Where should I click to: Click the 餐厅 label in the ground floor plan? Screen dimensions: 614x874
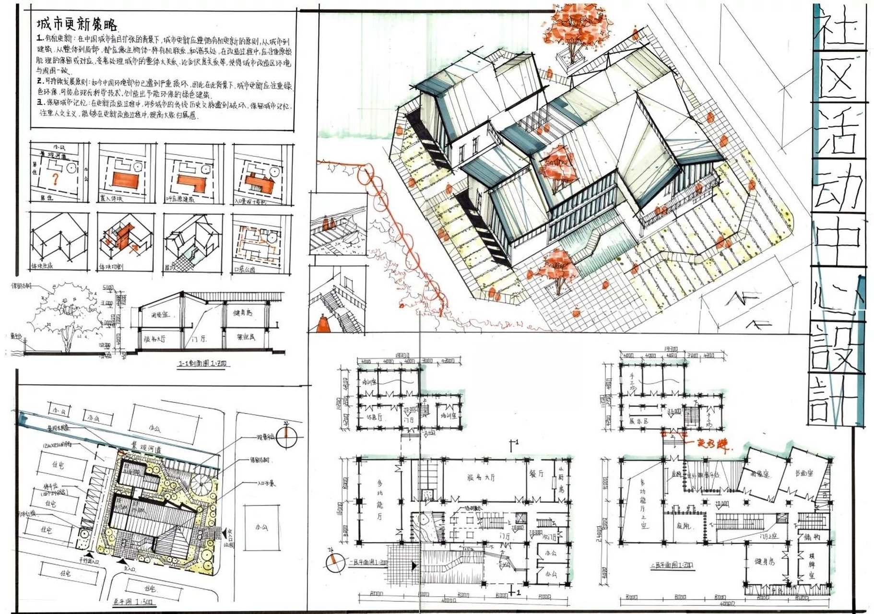[536, 473]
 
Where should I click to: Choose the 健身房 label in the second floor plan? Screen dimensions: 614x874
[765, 561]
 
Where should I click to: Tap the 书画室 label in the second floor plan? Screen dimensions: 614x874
[804, 473]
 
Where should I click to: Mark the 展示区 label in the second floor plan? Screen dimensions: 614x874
[638, 421]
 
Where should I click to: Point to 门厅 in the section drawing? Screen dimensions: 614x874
[199, 339]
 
